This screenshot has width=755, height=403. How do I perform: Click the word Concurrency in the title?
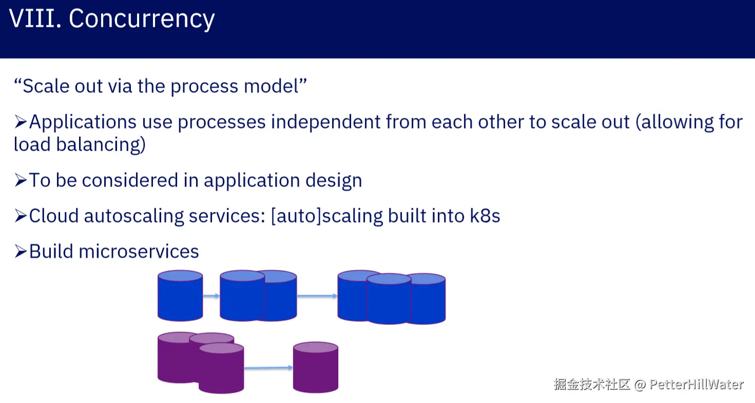click(x=142, y=20)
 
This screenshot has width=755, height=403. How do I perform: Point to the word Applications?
click(x=83, y=122)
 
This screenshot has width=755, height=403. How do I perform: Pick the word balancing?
click(x=101, y=145)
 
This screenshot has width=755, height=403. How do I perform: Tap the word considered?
click(x=130, y=180)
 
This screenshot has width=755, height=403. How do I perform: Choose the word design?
click(x=334, y=181)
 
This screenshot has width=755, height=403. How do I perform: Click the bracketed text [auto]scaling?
click(x=327, y=216)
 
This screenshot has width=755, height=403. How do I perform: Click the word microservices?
click(x=139, y=251)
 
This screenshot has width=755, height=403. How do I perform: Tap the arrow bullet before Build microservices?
click(x=21, y=251)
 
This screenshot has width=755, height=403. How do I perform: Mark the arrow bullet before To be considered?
click(x=21, y=180)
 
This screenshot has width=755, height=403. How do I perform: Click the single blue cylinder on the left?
click(x=180, y=296)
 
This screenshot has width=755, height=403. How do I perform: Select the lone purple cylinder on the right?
click(x=316, y=367)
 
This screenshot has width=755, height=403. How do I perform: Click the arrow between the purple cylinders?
click(x=268, y=368)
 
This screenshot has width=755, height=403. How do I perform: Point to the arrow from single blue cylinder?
click(x=211, y=296)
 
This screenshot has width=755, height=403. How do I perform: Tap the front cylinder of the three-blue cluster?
click(x=389, y=299)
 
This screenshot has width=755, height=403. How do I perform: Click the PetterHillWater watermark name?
click(x=696, y=384)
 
